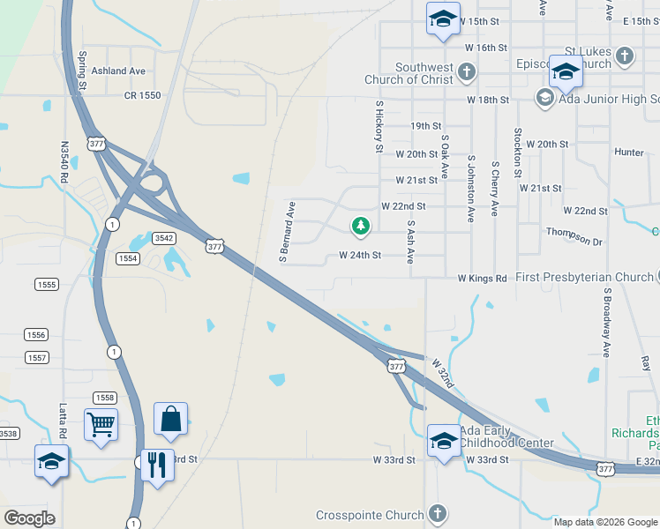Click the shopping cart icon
pos(101,424)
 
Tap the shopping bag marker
pos(171,419)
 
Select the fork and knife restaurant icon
pos(158,464)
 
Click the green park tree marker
pos(360,227)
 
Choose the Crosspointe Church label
pos(370,515)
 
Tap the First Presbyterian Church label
pos(585,278)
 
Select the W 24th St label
pos(360,256)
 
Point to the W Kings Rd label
pos(482,279)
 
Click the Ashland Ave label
pos(117,71)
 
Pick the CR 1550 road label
pos(142,94)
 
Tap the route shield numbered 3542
pos(163,238)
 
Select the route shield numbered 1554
pos(128,257)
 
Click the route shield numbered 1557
pos(36,357)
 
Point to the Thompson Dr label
pos(574,242)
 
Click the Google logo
pos(29,518)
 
